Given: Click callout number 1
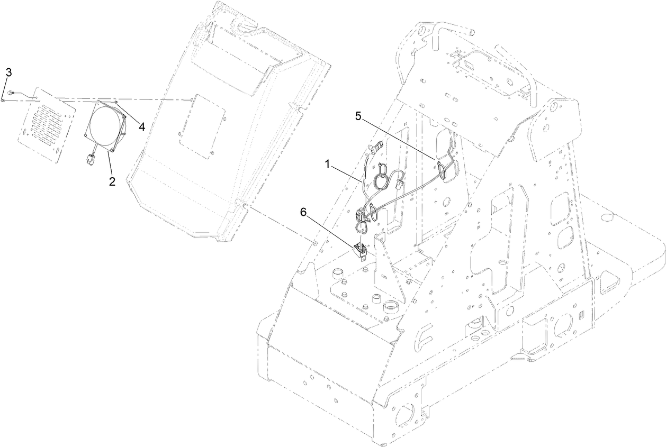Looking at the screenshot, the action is pyautogui.click(x=328, y=164).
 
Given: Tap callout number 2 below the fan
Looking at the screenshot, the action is pyautogui.click(x=112, y=181).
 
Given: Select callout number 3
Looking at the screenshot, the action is pyautogui.click(x=9, y=72).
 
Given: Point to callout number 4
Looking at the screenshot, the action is pyautogui.click(x=142, y=127).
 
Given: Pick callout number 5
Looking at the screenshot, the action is pyautogui.click(x=358, y=116).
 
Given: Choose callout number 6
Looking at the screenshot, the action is pyautogui.click(x=303, y=212).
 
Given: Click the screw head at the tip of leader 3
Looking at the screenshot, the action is pyautogui.click(x=2, y=101).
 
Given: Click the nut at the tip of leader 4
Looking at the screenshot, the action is pyautogui.click(x=117, y=103).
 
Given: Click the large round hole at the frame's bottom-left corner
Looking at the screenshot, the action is pyautogui.click(x=405, y=415).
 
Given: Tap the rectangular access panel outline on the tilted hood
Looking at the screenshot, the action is pyautogui.click(x=202, y=126).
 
